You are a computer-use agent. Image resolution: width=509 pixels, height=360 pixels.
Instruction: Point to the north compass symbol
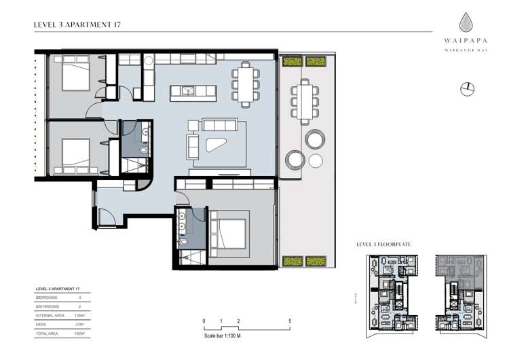pyautogui.click(x=466, y=88)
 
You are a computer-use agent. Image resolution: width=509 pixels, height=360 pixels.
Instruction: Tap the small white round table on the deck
pyautogui.click(x=316, y=160)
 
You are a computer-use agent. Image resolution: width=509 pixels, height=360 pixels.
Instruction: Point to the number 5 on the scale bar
pyautogui.click(x=290, y=321)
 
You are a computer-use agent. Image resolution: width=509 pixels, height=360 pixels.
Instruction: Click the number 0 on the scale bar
pyautogui.click(x=204, y=321)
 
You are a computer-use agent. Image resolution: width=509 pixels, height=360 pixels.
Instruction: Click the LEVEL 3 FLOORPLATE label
pyautogui.click(x=383, y=243)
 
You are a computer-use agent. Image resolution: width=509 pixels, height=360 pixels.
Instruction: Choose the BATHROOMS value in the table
pyautogui.click(x=80, y=306)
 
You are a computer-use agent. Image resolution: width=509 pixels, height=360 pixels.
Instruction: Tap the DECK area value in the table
pyautogui.click(x=80, y=325)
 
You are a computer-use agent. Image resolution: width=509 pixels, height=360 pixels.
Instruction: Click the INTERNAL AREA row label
pyautogui.click(x=51, y=316)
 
